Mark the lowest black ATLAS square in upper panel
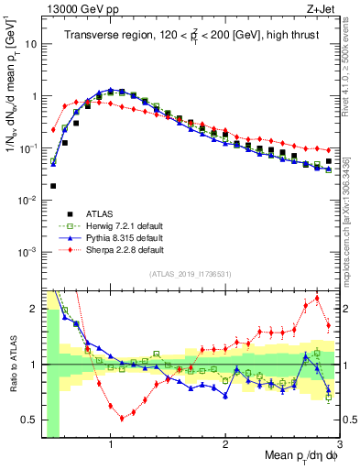pyautogui.click(x=53, y=185)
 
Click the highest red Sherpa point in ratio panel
pyautogui.click(x=317, y=298)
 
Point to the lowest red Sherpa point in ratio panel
pyautogui.click(x=122, y=419)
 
